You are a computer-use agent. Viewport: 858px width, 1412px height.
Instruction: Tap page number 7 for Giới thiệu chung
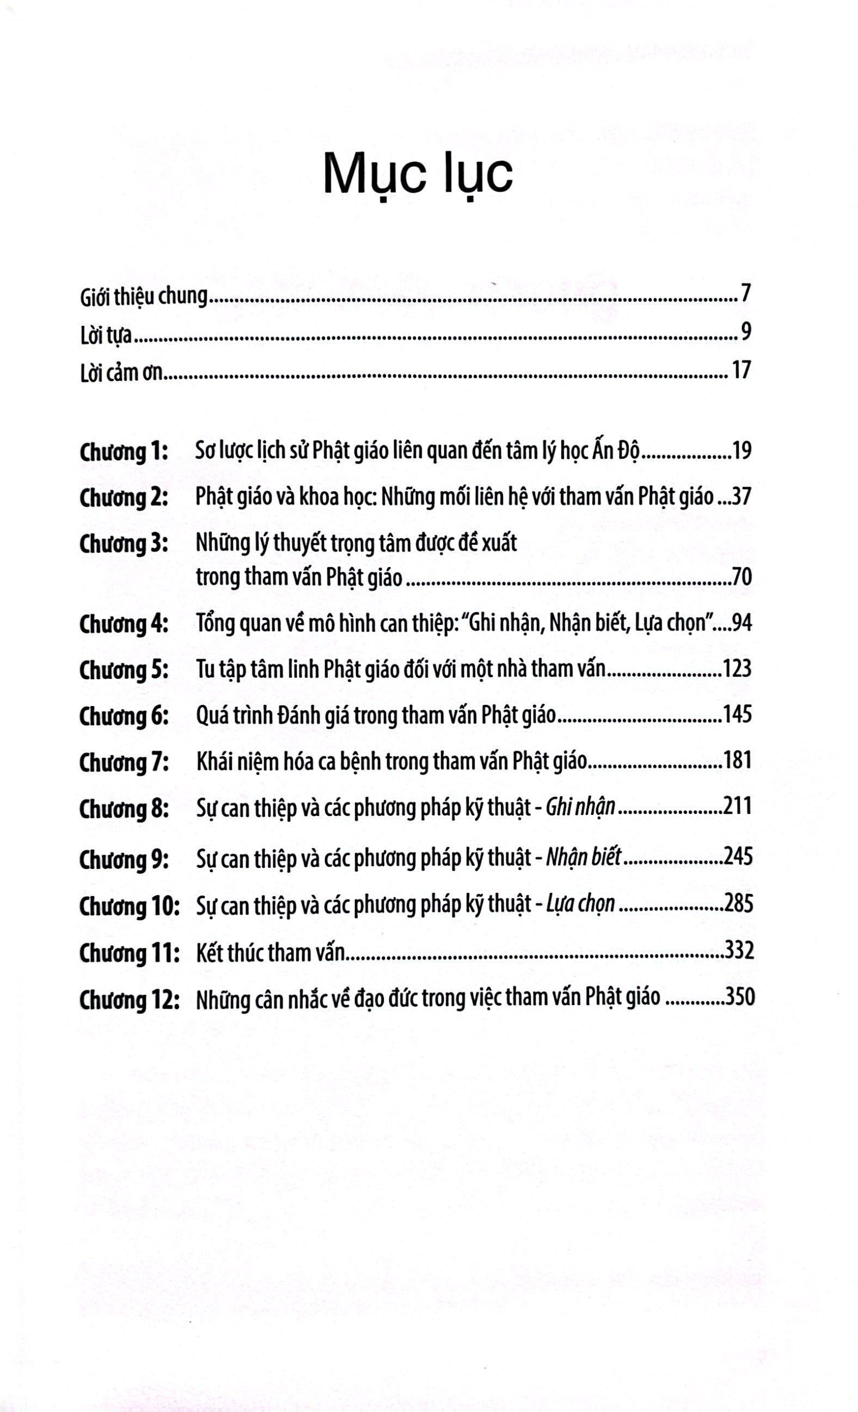(745, 295)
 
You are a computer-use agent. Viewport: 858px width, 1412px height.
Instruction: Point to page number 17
(740, 370)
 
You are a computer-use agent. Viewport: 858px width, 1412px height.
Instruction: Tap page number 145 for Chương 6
(737, 715)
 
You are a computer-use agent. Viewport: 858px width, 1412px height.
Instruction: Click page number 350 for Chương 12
(739, 997)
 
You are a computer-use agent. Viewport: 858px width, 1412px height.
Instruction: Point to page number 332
(739, 951)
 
